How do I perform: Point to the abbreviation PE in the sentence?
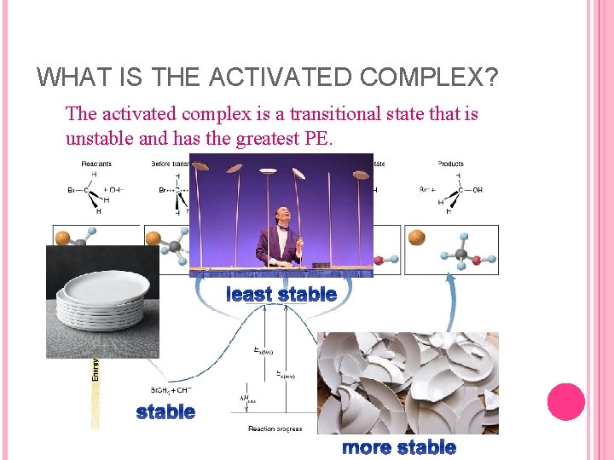tap(316, 139)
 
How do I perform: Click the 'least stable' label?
tap(281, 295)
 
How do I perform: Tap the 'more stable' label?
tap(398, 447)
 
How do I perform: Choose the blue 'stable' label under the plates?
tap(165, 412)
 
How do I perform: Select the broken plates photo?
tap(408, 383)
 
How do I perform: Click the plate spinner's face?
tap(278, 214)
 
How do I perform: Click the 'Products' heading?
tap(450, 164)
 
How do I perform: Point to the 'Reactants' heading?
tap(97, 164)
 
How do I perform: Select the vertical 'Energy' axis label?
tap(94, 370)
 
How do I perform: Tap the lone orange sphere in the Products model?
tap(417, 238)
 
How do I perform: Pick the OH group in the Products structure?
tap(477, 190)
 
